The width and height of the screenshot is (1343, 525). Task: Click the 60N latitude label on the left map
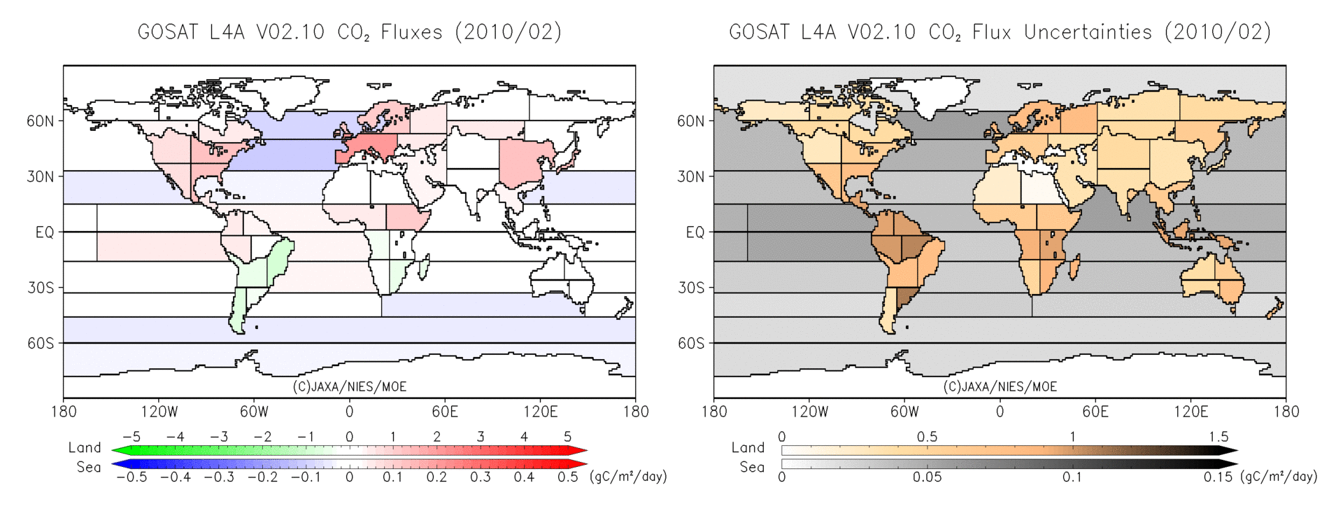[x=40, y=121]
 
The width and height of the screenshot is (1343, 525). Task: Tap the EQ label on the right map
[x=695, y=232]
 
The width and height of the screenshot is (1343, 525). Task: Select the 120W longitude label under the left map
[x=159, y=412]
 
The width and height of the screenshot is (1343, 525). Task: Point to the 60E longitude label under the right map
[x=1095, y=412]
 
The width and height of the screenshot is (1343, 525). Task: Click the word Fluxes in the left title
[x=411, y=32]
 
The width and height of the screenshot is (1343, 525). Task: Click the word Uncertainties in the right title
[x=1088, y=32]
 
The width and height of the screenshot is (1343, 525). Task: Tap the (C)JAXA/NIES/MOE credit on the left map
[x=349, y=386]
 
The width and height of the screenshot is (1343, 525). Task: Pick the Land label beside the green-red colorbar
[x=85, y=447]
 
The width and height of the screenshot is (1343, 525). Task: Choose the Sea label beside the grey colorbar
[x=752, y=467]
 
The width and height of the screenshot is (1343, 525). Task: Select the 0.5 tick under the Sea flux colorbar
[x=567, y=477]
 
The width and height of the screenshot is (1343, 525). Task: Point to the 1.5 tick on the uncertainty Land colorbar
[x=1218, y=437]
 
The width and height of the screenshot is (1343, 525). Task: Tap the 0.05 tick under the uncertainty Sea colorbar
[x=927, y=477]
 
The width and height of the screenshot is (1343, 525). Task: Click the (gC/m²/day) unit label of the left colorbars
[x=628, y=477]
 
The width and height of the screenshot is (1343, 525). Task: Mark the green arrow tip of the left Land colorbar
[x=116, y=451]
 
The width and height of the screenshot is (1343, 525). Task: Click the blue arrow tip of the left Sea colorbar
[x=116, y=463]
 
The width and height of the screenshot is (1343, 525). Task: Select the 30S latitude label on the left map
[x=40, y=288]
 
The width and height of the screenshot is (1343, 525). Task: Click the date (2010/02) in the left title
[x=509, y=32]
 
